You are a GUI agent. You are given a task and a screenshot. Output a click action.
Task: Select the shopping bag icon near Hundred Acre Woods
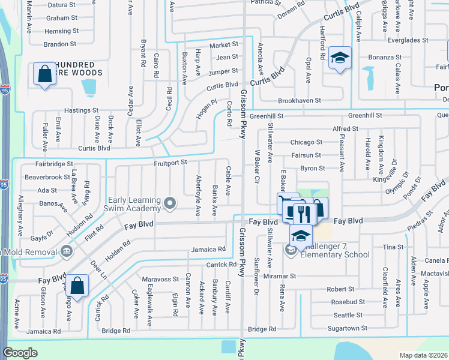point(44,74)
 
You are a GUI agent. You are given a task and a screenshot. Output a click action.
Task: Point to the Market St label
point(223,46)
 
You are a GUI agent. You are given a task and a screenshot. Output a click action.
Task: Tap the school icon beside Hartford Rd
point(340,59)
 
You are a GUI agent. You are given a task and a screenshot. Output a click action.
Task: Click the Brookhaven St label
point(299,101)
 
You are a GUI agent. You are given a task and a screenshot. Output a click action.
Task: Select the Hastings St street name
point(81,110)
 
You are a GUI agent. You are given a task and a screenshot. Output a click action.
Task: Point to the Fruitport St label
point(170,162)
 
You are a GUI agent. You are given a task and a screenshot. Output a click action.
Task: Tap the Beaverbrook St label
point(47,178)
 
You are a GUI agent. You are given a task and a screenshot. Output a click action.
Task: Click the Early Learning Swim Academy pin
point(170,203)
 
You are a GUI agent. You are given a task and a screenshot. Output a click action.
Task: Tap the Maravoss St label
point(160,279)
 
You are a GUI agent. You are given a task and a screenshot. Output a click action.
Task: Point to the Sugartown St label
point(347,328)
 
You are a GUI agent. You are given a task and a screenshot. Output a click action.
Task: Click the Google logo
point(20,353)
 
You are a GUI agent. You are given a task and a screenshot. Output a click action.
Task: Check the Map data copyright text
point(424,355)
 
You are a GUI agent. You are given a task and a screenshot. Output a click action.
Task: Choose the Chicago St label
point(306,142)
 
